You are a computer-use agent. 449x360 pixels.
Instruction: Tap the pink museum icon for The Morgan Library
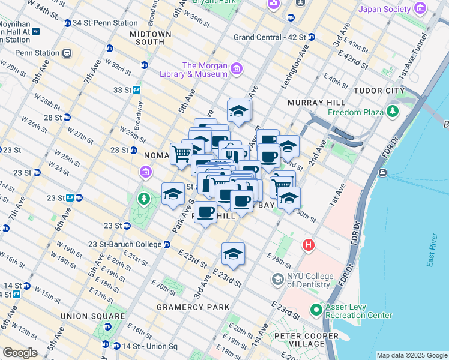click(x=236, y=70)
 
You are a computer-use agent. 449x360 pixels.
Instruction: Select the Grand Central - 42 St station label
click(x=270, y=37)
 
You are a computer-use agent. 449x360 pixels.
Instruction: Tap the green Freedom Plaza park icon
click(x=393, y=111)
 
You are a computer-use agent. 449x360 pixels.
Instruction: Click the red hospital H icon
click(x=309, y=245)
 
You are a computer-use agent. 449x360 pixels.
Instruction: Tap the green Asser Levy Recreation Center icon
click(x=316, y=310)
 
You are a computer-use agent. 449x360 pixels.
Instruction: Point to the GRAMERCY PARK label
click(x=193, y=307)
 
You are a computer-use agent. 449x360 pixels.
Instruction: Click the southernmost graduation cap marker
click(x=233, y=253)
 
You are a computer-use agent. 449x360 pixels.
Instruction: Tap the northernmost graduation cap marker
click(x=238, y=110)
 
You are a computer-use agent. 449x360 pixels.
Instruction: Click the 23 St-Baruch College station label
click(x=125, y=244)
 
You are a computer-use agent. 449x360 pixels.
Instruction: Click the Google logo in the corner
click(x=20, y=353)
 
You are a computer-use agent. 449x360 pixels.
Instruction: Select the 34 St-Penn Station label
click(x=104, y=23)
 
